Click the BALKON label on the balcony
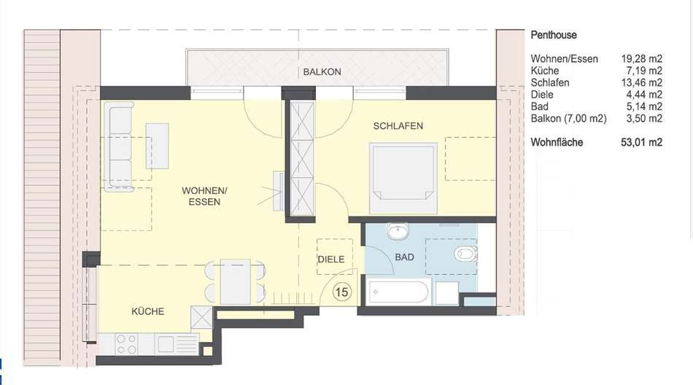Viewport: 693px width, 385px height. pyautogui.click(x=322, y=71)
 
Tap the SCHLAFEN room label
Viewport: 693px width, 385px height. pyautogui.click(x=398, y=126)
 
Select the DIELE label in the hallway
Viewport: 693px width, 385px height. pyautogui.click(x=331, y=260)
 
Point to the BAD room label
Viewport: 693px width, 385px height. pyautogui.click(x=404, y=257)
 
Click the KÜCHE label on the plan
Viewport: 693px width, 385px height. pyautogui.click(x=147, y=311)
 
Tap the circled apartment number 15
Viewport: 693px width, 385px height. pyautogui.click(x=341, y=292)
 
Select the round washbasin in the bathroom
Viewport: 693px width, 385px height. pyautogui.click(x=398, y=231)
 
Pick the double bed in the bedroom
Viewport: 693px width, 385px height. pyautogui.click(x=403, y=178)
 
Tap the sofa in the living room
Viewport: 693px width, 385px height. pyautogui.click(x=118, y=147)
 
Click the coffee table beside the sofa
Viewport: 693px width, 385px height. pyautogui.click(x=158, y=147)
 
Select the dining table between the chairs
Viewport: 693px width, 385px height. pyautogui.click(x=236, y=281)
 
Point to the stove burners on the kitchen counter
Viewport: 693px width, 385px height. pyautogui.click(x=126, y=344)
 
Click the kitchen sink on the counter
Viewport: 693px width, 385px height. pyautogui.click(x=166, y=344)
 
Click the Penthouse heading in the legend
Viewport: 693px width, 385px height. pyautogui.click(x=554, y=35)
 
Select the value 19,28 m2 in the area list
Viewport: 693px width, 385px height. pyautogui.click(x=641, y=59)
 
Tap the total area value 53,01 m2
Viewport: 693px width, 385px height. pyautogui.click(x=641, y=142)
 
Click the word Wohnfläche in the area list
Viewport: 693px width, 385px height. pyautogui.click(x=557, y=142)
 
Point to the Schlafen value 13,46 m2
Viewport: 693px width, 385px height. pyautogui.click(x=641, y=82)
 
